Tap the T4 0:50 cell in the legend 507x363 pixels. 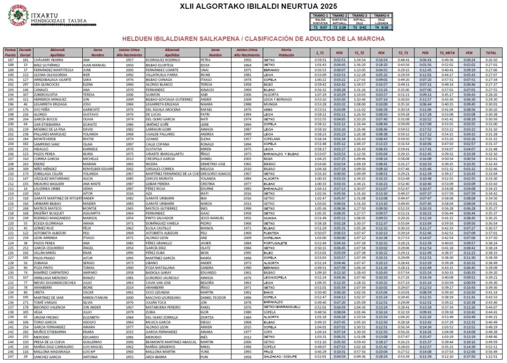[382, 27]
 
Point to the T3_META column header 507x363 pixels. [447, 52]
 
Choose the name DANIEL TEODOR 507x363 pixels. [214, 297]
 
